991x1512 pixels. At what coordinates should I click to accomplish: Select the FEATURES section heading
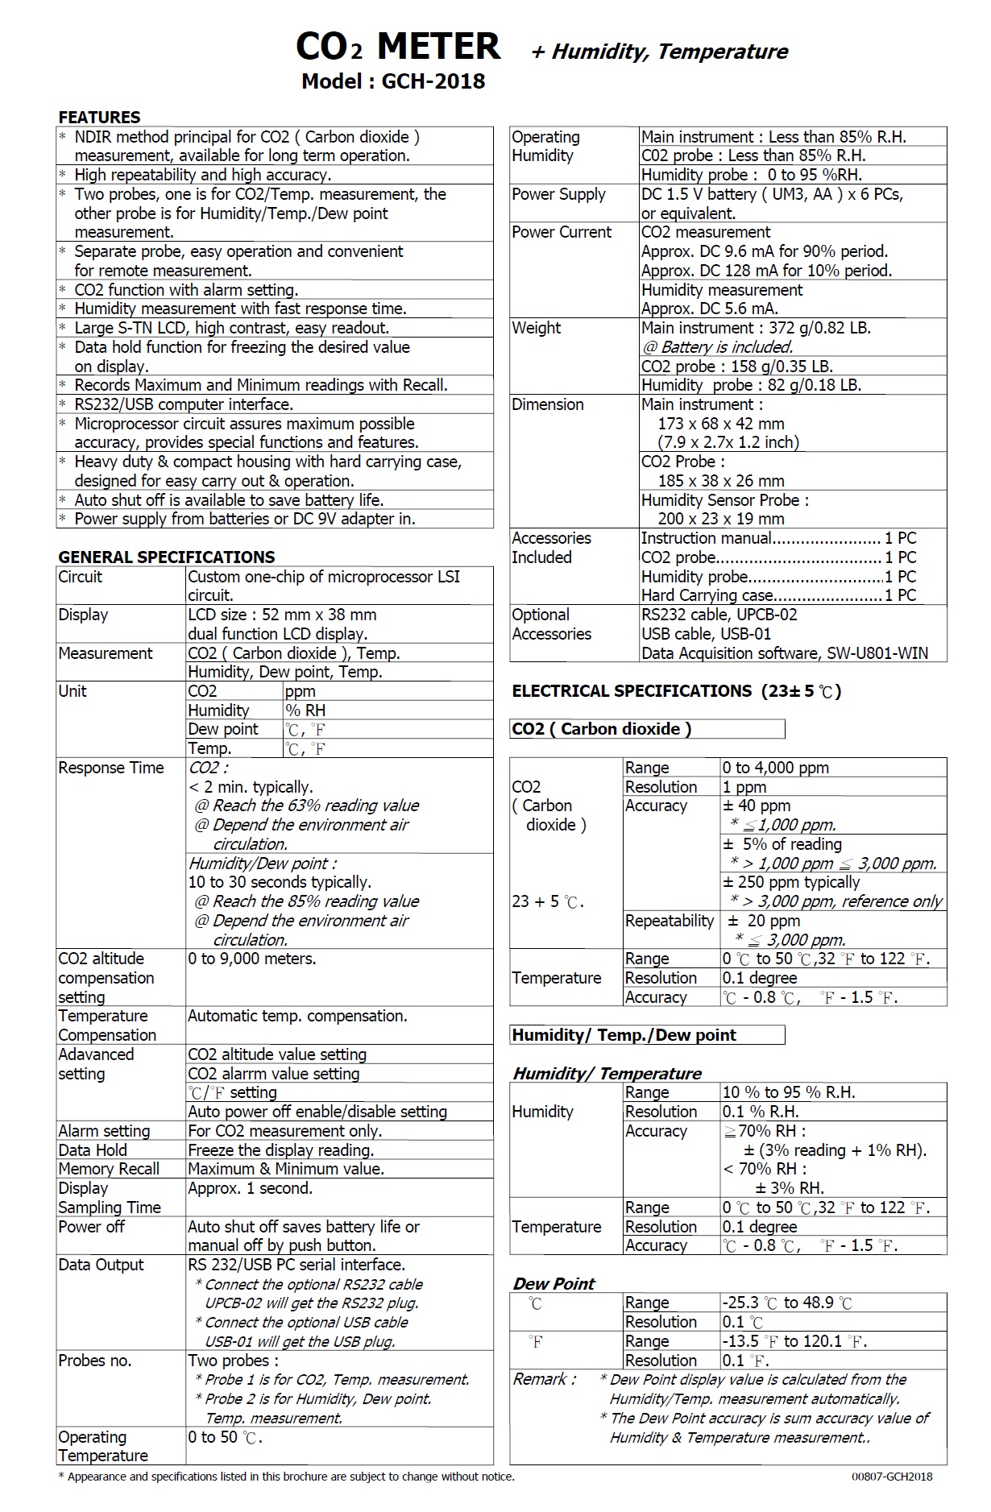pyautogui.click(x=99, y=117)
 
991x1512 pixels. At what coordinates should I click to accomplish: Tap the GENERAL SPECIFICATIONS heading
pyautogui.click(x=166, y=557)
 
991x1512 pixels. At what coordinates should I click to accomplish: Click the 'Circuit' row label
pyautogui.click(x=81, y=577)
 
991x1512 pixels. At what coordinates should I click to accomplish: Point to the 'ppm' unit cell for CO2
pyautogui.click(x=300, y=691)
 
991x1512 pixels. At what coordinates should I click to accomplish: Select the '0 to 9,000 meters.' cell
pyautogui.click(x=252, y=959)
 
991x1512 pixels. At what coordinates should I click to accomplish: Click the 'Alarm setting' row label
pyautogui.click(x=104, y=1131)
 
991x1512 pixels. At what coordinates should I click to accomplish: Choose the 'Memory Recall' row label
pyautogui.click(x=109, y=1169)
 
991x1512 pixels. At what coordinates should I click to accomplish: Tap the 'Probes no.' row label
pyautogui.click(x=94, y=1361)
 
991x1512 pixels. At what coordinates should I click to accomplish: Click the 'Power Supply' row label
pyautogui.click(x=558, y=194)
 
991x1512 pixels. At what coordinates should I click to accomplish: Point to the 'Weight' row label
pyautogui.click(x=537, y=328)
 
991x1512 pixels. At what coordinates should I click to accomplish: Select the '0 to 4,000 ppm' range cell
pyautogui.click(x=775, y=768)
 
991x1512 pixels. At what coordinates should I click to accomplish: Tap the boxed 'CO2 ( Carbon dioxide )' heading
pyautogui.click(x=602, y=729)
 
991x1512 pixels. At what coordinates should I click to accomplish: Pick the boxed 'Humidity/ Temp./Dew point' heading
pyautogui.click(x=624, y=1035)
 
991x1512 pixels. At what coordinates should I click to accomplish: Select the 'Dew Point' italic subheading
pyautogui.click(x=554, y=1284)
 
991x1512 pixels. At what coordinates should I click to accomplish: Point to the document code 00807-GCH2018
pyautogui.click(x=891, y=1477)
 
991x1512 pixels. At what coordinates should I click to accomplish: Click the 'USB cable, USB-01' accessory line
pyautogui.click(x=706, y=634)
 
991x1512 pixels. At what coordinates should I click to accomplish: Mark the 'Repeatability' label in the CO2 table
pyautogui.click(x=670, y=921)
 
